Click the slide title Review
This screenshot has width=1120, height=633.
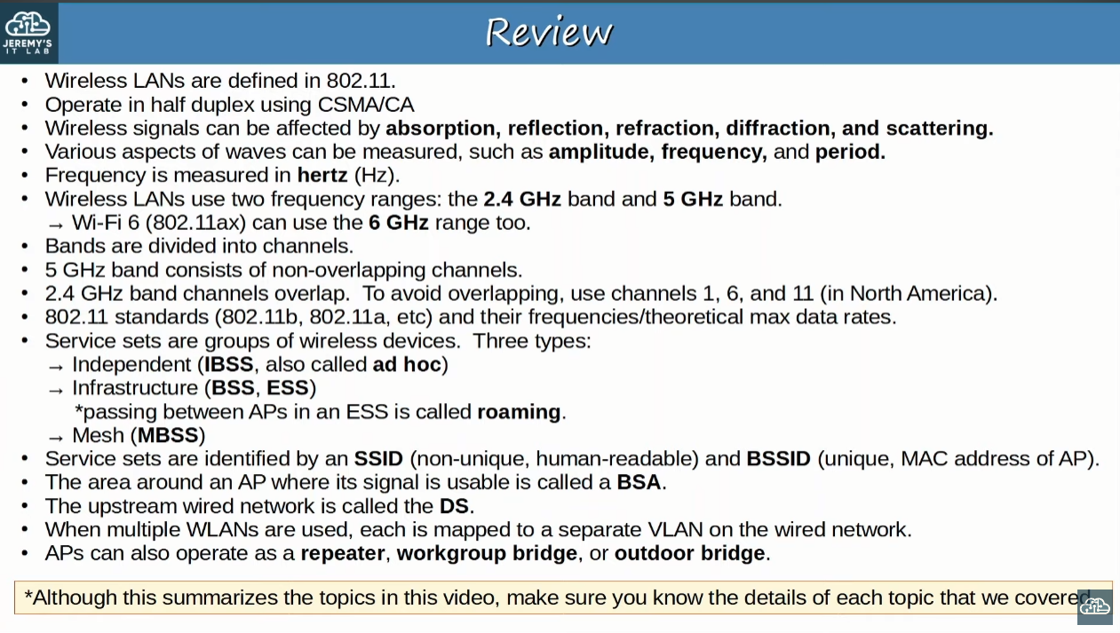(549, 31)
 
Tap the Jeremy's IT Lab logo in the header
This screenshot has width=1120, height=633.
(28, 33)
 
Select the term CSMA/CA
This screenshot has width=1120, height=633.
(366, 105)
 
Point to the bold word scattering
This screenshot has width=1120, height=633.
(939, 129)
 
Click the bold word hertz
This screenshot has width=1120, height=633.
(322, 176)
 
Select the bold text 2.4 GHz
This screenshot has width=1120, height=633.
(522, 199)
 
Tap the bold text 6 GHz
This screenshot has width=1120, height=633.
(399, 222)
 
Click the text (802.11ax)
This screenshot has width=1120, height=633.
(195, 223)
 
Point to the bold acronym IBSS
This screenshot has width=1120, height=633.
(228, 364)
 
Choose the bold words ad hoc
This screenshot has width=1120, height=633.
(407, 364)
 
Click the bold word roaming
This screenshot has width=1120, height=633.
(519, 412)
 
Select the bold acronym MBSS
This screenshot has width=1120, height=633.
(168, 435)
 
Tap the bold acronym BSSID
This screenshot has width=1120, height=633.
(778, 459)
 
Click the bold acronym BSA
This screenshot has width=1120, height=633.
(639, 482)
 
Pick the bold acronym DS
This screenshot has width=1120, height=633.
(454, 506)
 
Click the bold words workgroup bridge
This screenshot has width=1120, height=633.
(487, 554)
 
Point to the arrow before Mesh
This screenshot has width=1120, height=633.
(55, 439)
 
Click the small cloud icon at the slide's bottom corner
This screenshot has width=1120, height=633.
(1094, 607)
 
